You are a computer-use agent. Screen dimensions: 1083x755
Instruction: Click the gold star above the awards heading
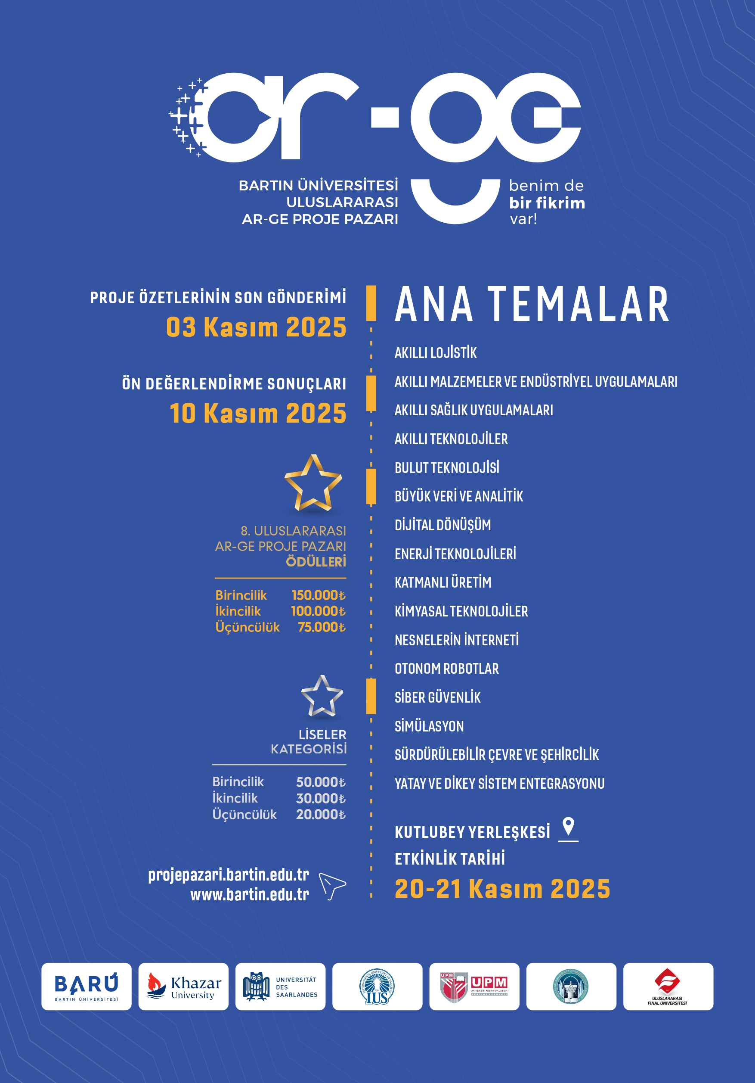(x=313, y=484)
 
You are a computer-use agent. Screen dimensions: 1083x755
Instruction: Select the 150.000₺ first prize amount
(x=318, y=595)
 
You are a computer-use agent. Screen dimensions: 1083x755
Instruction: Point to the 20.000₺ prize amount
(x=321, y=814)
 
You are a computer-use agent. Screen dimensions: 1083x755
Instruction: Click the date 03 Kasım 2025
(x=256, y=327)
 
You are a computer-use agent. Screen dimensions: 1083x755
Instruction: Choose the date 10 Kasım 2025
(x=258, y=413)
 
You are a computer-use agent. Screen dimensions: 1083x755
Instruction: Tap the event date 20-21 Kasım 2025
(x=502, y=889)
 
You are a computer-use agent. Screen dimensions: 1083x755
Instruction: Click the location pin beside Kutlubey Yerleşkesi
(x=568, y=829)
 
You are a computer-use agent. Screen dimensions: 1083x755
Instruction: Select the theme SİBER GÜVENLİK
(x=437, y=697)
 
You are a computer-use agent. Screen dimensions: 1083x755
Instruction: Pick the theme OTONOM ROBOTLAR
(x=446, y=669)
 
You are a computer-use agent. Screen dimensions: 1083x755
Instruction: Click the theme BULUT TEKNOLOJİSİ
(x=447, y=468)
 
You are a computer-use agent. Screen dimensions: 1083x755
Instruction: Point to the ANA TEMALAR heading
(x=532, y=305)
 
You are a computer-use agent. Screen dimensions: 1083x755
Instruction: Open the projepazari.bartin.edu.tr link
(x=229, y=875)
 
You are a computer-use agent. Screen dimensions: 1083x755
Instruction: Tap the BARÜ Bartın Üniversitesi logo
(x=86, y=987)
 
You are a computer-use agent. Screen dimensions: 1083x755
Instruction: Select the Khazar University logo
(x=183, y=987)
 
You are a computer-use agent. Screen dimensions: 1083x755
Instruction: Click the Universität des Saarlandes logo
(x=280, y=987)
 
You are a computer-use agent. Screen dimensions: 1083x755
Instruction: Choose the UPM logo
(x=474, y=987)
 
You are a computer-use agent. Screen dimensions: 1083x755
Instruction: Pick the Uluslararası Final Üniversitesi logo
(x=668, y=987)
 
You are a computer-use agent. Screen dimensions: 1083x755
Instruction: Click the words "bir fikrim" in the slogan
(x=547, y=203)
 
